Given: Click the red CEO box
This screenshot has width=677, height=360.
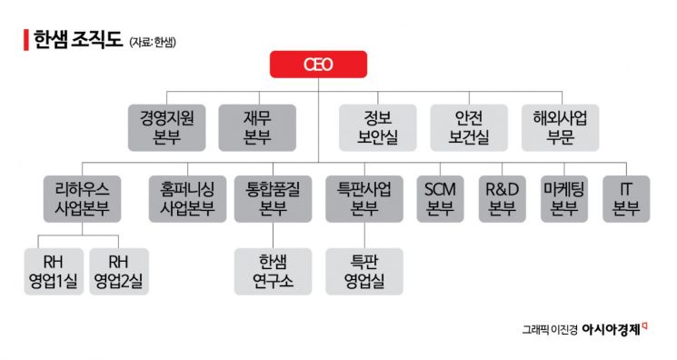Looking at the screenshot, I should [x=318, y=65].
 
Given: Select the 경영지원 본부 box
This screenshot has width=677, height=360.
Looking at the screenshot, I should [x=167, y=126].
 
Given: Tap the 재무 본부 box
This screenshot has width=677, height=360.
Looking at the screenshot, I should [x=257, y=126].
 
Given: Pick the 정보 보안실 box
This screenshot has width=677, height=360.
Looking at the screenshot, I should [x=378, y=126].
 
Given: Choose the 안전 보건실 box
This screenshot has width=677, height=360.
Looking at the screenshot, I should [x=469, y=126].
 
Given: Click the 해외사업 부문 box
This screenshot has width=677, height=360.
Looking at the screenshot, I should [x=560, y=126].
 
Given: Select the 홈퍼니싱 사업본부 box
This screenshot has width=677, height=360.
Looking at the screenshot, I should [x=182, y=198].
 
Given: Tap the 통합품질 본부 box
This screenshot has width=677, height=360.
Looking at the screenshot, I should [x=273, y=198].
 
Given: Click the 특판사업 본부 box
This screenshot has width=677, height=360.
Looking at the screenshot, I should [x=363, y=198].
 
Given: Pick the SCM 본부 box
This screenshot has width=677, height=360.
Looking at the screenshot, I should [x=440, y=198].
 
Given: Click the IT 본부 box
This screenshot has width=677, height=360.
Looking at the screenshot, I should [x=625, y=198].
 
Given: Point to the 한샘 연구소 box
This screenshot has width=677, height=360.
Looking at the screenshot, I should [x=273, y=271].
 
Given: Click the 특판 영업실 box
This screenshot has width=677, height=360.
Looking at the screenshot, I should [x=363, y=271].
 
